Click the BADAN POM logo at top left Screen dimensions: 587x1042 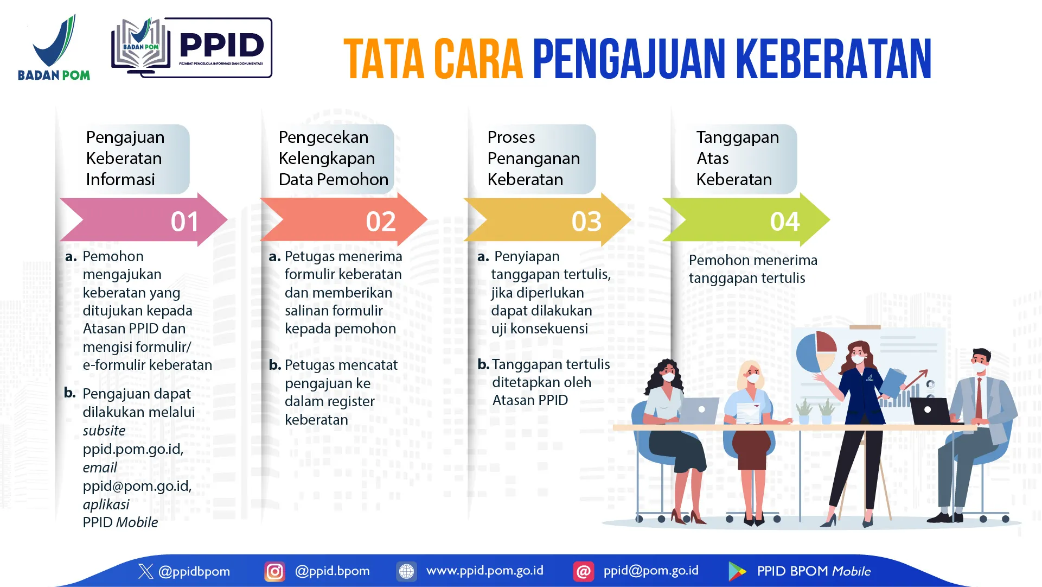54,48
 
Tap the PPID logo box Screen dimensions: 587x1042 191,48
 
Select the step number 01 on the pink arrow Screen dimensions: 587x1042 184,222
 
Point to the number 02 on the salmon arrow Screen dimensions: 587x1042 381,222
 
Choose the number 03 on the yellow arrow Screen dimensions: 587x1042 586,222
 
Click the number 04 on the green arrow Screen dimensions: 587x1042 785,222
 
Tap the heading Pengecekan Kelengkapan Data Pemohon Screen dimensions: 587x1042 333,159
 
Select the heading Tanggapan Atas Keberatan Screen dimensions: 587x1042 737,159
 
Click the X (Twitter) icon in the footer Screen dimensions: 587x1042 145,571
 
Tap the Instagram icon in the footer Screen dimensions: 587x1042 274,571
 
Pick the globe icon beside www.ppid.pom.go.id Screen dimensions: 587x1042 406,571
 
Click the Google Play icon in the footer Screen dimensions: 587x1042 737,571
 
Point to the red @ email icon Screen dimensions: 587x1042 583,571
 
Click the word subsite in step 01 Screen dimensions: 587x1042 104,431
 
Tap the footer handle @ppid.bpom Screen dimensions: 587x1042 332,571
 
